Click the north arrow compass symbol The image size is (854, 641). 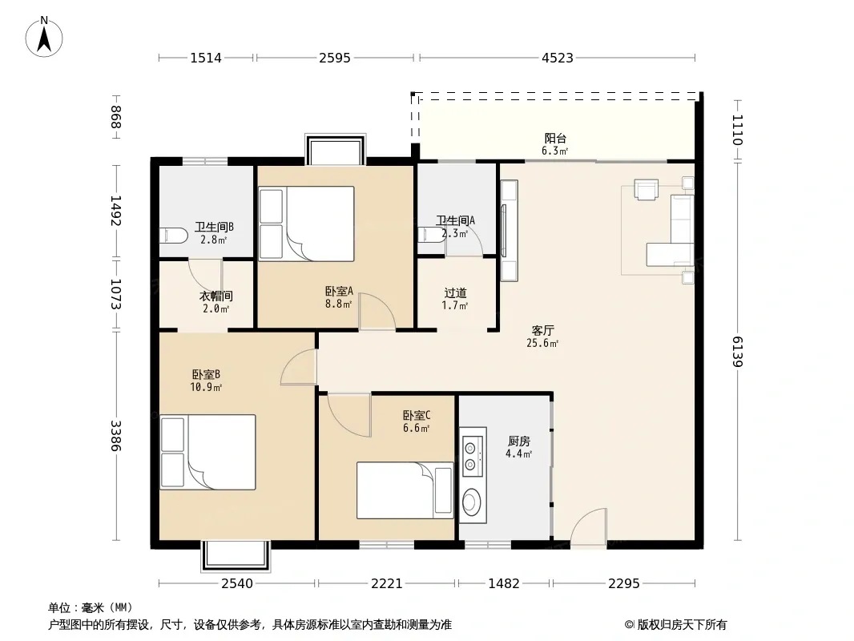(44, 37)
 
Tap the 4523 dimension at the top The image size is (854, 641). (557, 58)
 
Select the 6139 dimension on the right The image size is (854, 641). (737, 351)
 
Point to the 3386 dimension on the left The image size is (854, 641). (115, 435)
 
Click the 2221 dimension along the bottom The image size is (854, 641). (387, 584)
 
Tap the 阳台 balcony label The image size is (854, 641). (555, 139)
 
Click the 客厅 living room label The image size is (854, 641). (542, 331)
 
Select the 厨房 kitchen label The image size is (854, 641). (518, 441)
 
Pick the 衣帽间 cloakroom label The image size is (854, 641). (216, 296)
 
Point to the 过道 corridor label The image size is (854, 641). (455, 293)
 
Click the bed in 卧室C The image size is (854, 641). (405, 490)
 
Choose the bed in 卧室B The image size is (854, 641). (207, 452)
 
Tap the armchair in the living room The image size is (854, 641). (646, 189)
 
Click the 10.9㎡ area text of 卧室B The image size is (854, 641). (206, 387)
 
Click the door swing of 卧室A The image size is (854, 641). (377, 311)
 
